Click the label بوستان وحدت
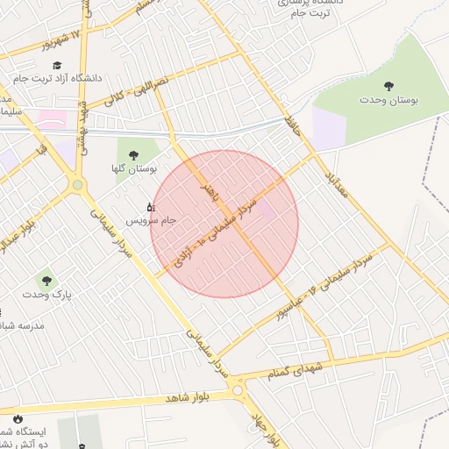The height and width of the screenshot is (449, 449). point(388,101)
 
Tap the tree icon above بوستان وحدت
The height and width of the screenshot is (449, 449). point(388,86)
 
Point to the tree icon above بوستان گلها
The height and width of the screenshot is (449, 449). point(133,155)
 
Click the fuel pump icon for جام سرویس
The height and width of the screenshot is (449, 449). point(150,208)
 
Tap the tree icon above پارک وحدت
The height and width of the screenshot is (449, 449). point(46,282)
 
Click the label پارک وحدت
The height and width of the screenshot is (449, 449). point(48,295)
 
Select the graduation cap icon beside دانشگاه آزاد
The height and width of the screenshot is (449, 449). point(57,66)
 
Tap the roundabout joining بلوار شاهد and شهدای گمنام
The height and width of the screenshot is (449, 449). point(236,389)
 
